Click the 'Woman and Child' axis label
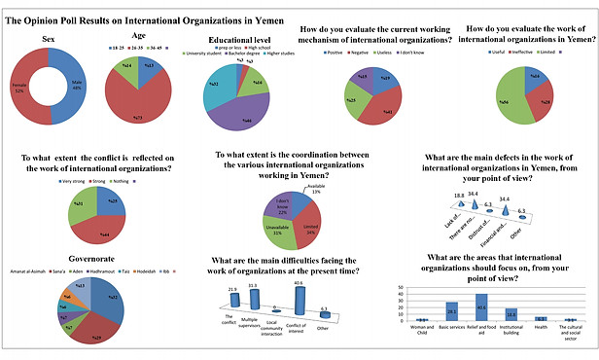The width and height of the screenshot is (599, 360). coord(421,334)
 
